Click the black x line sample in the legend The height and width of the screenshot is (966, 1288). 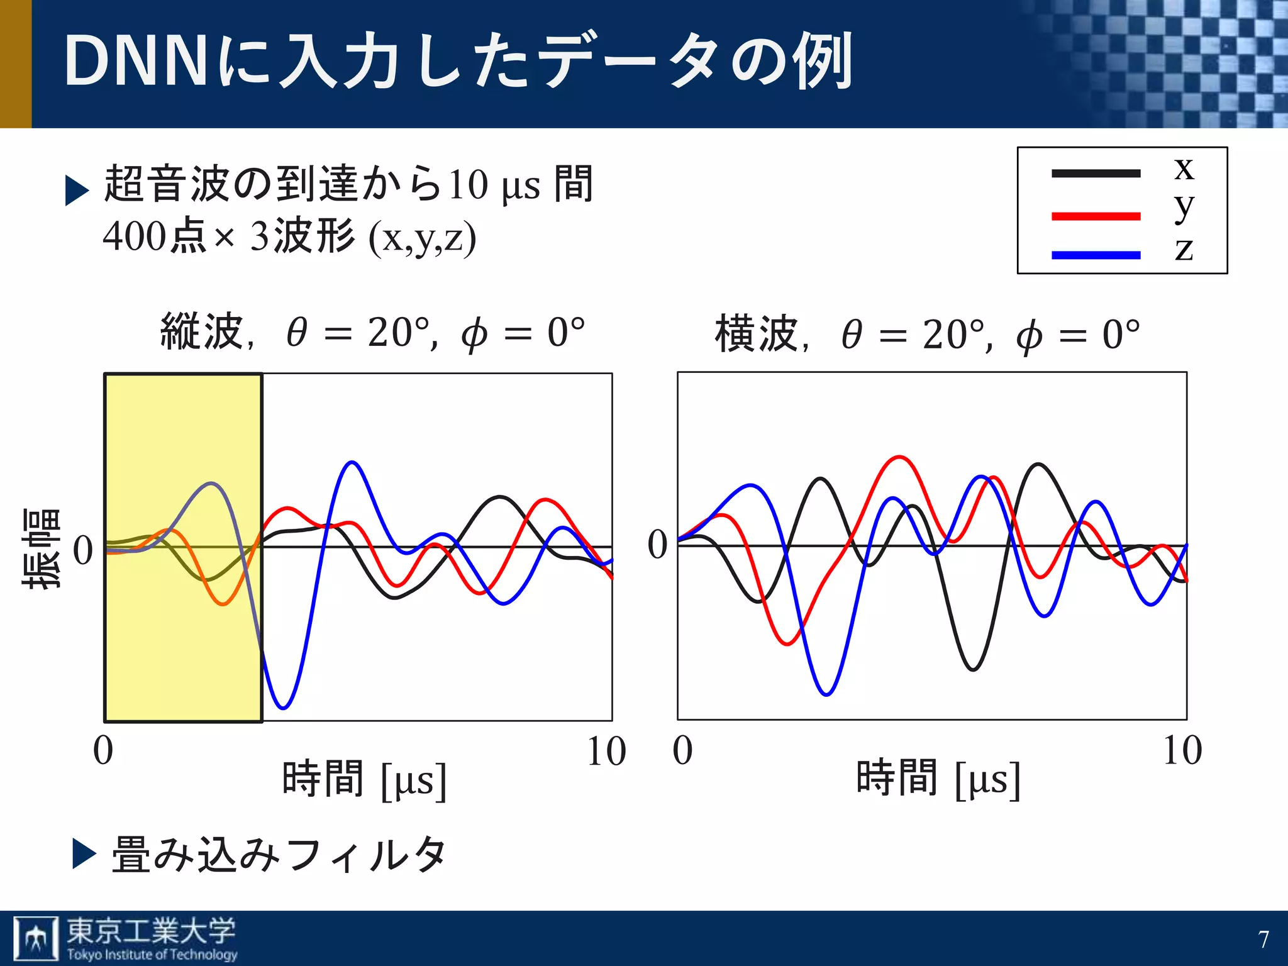point(1096,174)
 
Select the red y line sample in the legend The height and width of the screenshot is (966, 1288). point(1096,216)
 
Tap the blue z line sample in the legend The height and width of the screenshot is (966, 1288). point(1096,255)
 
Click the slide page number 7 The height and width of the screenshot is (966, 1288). point(1263,940)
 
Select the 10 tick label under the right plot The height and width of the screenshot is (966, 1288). point(1182,750)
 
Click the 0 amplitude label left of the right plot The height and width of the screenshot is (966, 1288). point(657,545)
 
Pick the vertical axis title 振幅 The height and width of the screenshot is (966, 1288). point(42,548)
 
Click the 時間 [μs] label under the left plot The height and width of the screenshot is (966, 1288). point(365,780)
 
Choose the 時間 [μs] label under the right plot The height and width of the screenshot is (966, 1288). point(938,779)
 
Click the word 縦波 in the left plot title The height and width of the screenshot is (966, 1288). point(201,331)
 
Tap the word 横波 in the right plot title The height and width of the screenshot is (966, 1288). point(757,333)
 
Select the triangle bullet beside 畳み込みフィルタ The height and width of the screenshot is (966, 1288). point(84,854)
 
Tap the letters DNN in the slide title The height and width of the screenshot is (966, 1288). point(135,61)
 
